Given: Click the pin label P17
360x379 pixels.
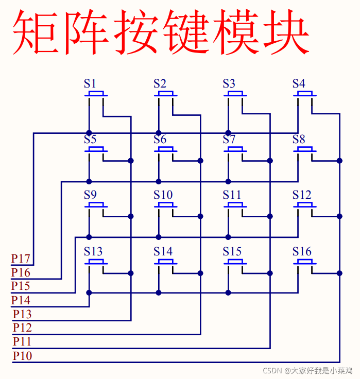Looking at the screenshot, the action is coord(21,259).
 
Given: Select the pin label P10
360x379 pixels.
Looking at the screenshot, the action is coord(22,356).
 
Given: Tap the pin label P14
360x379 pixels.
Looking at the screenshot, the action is coord(21,300).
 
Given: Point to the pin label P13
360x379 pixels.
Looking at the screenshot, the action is coord(22,314).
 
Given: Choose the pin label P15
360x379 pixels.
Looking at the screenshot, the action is coord(21,286).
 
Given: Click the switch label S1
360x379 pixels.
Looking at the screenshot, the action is coord(90,83).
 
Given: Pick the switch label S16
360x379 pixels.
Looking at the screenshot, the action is coord(302,251).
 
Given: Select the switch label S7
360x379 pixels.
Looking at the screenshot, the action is coord(229,139).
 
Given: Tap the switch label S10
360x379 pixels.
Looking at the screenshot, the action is coord(163,195).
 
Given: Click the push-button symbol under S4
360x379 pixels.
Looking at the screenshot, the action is coord(305,94).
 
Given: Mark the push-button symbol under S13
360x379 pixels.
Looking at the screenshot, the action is coord(96,262).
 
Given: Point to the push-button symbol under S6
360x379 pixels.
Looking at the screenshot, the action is coord(166,150).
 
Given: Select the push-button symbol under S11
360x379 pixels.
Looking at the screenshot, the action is coord(235,206).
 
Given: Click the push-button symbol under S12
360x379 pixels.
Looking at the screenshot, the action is coord(305,206).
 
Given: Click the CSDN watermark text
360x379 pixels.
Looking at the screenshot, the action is coord(307,370).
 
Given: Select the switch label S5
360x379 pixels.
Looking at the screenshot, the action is coord(90,139).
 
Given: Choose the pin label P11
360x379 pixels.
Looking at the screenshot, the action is coord(22,341).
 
